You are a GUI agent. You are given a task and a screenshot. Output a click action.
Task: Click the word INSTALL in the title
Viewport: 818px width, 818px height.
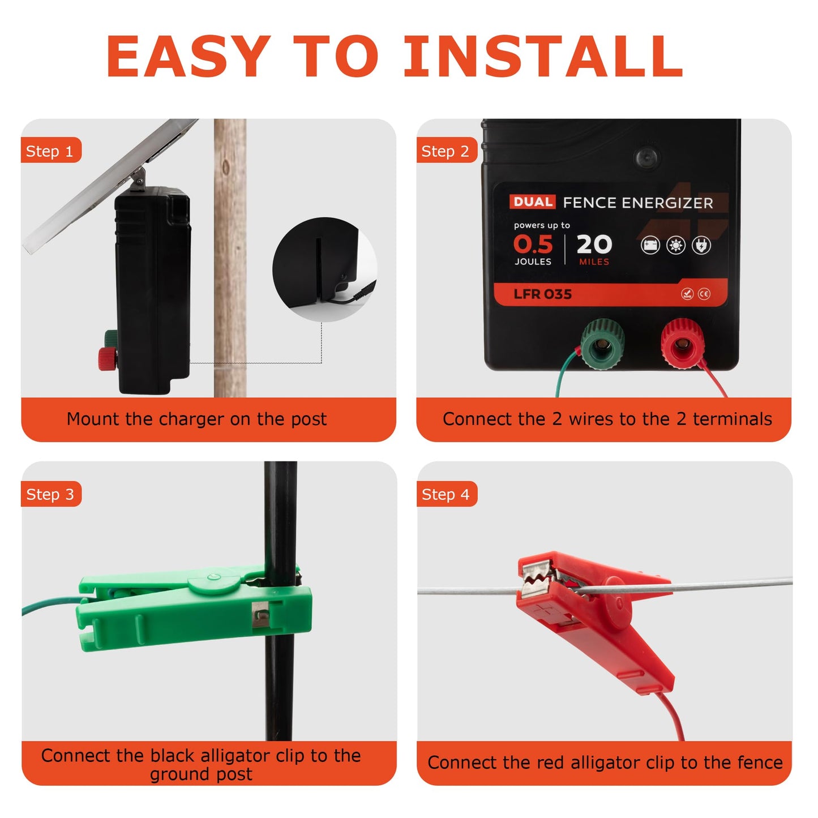coord(543,56)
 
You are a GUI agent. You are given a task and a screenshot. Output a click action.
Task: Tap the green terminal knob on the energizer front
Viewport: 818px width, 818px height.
coord(602,344)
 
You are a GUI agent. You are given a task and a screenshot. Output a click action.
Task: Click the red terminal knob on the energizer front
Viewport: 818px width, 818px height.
coord(683,344)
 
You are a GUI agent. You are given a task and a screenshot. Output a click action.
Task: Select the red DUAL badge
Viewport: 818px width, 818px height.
coord(532,202)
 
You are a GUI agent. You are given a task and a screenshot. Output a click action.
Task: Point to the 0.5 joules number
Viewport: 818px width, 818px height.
coord(533,244)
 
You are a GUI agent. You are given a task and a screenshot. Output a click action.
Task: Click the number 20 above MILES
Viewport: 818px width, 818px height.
coord(594,244)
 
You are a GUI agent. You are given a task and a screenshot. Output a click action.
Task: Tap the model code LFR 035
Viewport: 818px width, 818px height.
coord(542,294)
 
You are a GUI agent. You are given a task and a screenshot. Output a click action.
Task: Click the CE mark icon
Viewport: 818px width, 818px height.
coord(704,294)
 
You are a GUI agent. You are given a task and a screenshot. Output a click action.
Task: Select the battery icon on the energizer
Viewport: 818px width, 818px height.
coord(650,245)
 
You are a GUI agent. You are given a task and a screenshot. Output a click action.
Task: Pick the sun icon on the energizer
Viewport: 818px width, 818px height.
coord(676,245)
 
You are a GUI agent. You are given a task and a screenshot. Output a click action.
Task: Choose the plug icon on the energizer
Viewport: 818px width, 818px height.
coord(701,245)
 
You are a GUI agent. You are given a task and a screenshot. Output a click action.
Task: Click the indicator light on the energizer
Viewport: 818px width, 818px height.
coord(646,157)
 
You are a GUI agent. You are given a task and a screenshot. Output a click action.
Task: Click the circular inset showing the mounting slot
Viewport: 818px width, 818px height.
coord(325,269)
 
